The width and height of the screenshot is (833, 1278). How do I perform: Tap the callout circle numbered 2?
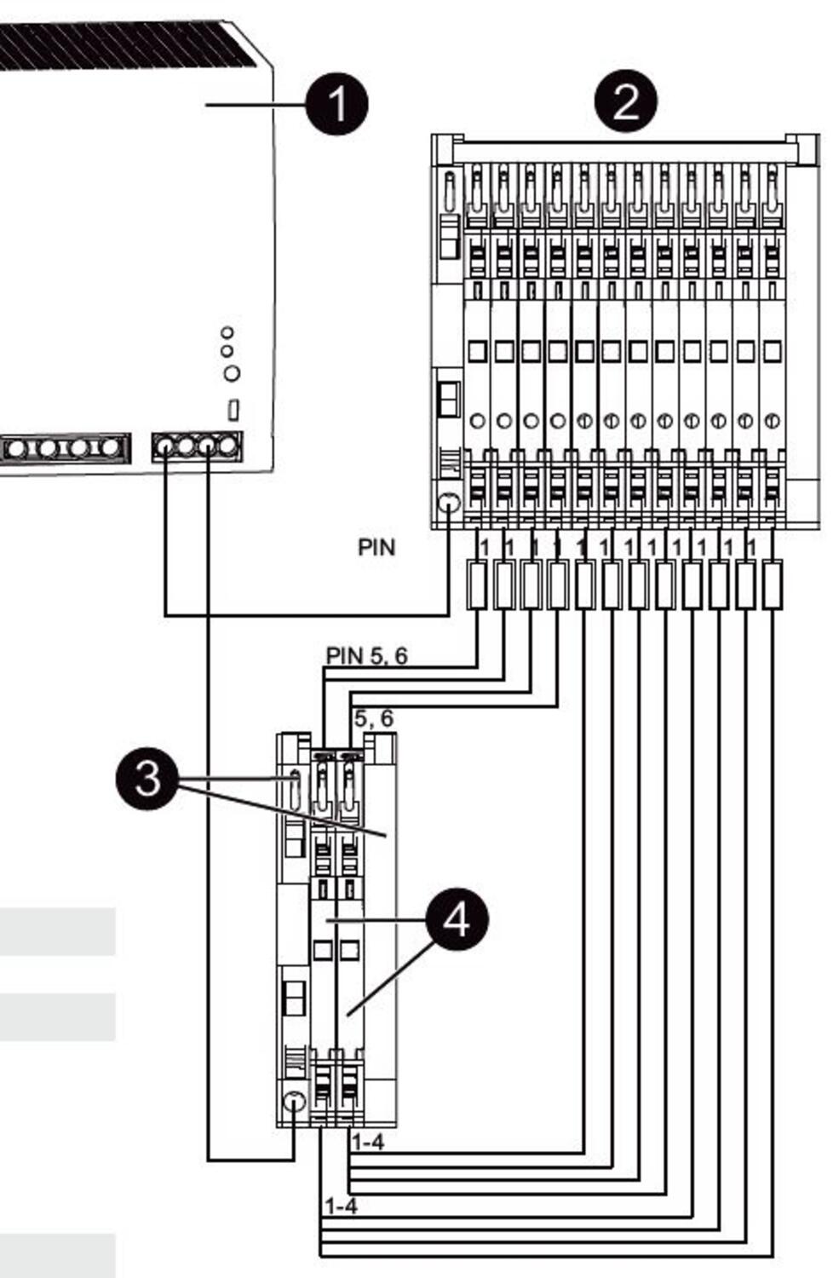point(626,101)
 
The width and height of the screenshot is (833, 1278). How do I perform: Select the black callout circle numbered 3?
point(147,779)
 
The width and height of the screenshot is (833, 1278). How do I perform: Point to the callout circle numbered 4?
point(457,919)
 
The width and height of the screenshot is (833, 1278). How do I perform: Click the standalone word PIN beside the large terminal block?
point(376,547)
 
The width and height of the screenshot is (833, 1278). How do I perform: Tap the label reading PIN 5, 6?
point(366,655)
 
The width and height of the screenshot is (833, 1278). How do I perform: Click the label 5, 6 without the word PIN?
point(374,718)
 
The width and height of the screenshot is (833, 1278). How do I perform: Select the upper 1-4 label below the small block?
point(367,1142)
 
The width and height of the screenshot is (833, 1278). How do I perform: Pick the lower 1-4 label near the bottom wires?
point(340,1206)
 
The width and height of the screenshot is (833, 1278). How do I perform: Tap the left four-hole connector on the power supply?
point(65,447)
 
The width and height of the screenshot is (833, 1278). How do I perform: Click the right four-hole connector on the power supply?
point(197,446)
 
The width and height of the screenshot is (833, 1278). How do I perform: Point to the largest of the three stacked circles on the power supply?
point(231,373)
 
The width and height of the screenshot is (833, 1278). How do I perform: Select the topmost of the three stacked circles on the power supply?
point(227,331)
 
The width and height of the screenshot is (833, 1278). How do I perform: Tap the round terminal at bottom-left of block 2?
point(449,504)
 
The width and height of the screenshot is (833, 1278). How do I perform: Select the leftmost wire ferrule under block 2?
point(477,584)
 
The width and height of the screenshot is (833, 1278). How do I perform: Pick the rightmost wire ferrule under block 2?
point(772,584)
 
